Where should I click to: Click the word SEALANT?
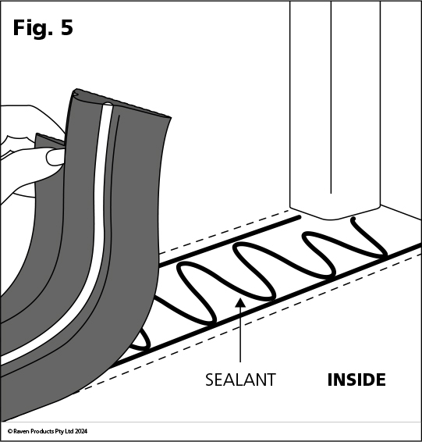[240, 380]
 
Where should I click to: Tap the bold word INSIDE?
[356, 380]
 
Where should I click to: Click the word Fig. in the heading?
[33, 28]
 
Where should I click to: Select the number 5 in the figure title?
[67, 27]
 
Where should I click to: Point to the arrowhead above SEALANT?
[240, 302]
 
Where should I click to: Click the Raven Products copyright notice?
[48, 431]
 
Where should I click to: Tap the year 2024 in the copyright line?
[81, 431]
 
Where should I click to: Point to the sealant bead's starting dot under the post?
[353, 219]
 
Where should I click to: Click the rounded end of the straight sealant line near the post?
[298, 217]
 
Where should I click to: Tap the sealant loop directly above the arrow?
[254, 271]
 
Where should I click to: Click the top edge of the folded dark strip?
[121, 104]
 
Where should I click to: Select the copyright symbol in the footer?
[10, 431]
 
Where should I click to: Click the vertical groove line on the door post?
[331, 98]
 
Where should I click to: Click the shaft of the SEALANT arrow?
[240, 334]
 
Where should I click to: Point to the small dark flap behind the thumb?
[49, 140]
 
